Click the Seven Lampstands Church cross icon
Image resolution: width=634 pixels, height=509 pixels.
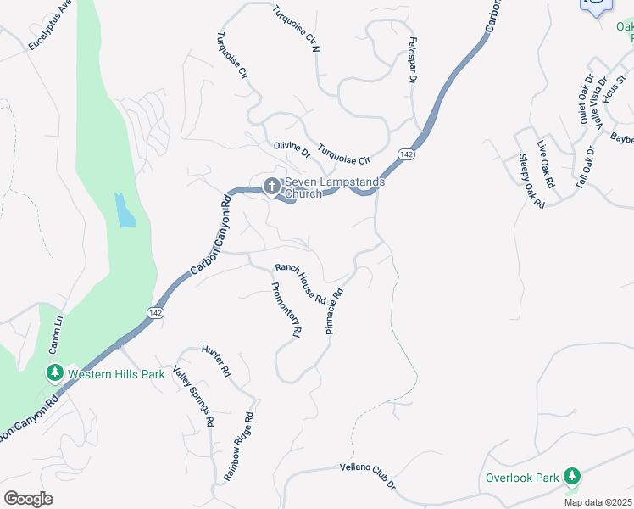point(272,185)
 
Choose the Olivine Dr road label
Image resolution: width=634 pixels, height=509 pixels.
point(292,151)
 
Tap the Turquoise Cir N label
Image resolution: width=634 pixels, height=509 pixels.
point(295,30)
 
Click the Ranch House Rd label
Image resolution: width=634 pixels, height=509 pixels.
point(301,283)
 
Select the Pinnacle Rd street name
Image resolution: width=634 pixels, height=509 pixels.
point(334,311)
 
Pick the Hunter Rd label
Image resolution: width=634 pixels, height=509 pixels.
point(216,361)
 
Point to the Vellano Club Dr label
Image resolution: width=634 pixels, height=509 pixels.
point(368,478)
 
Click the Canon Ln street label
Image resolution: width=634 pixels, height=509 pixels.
point(56,335)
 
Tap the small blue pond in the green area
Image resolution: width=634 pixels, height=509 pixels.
point(125,210)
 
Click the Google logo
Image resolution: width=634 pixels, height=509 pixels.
point(28,499)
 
